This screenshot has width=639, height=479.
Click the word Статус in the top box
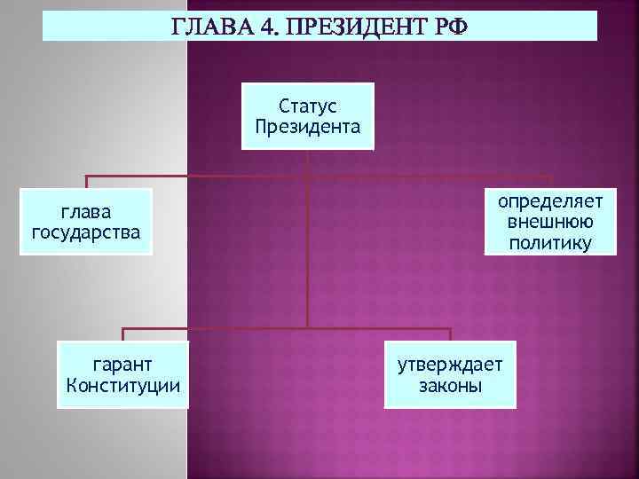pos(307,106)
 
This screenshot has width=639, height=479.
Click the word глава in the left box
pos(86,213)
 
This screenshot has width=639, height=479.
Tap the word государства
pos(86,232)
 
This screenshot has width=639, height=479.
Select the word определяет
pos(550,202)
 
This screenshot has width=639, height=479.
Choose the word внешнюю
pos(550,223)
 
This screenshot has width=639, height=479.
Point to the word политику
pos(550,242)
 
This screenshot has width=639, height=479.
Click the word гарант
pos(123,365)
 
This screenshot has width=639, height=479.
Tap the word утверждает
pos(450,365)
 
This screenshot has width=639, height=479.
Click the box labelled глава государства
pos(86,222)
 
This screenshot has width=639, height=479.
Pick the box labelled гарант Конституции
pos(123,373)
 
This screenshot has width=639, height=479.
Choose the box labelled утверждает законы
pos(450,374)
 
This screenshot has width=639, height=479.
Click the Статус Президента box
pos(307,115)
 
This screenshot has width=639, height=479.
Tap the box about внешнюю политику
pos(550,222)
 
